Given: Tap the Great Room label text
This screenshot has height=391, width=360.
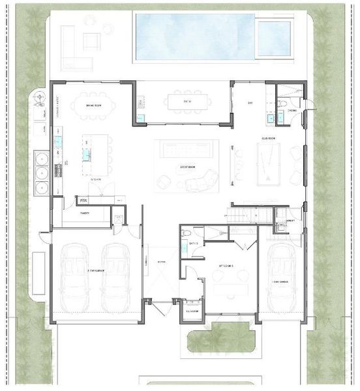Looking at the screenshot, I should tap(188, 167).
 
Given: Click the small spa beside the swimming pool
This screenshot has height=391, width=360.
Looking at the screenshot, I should tap(273, 38).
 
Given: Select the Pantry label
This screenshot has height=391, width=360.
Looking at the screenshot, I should tap(85, 212).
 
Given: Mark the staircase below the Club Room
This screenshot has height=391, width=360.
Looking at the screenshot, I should tap(247, 215).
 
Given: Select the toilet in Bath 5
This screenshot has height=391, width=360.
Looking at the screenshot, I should tap(186, 233).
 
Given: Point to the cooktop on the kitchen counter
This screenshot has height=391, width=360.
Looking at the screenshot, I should tap(58, 170).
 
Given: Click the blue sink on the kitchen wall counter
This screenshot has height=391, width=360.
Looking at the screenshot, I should tap(58, 141).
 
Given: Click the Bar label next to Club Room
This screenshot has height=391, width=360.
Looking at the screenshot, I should tap(250, 103).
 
